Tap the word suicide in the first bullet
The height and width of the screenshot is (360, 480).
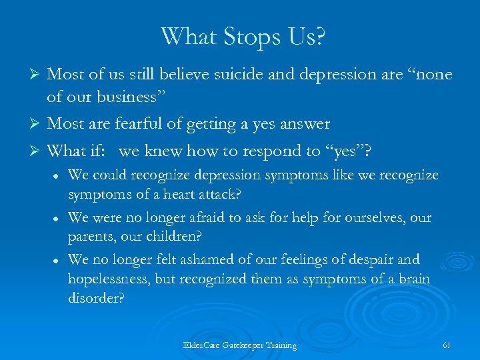coord(239,75)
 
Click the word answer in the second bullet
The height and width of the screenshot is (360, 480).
coord(304,124)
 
